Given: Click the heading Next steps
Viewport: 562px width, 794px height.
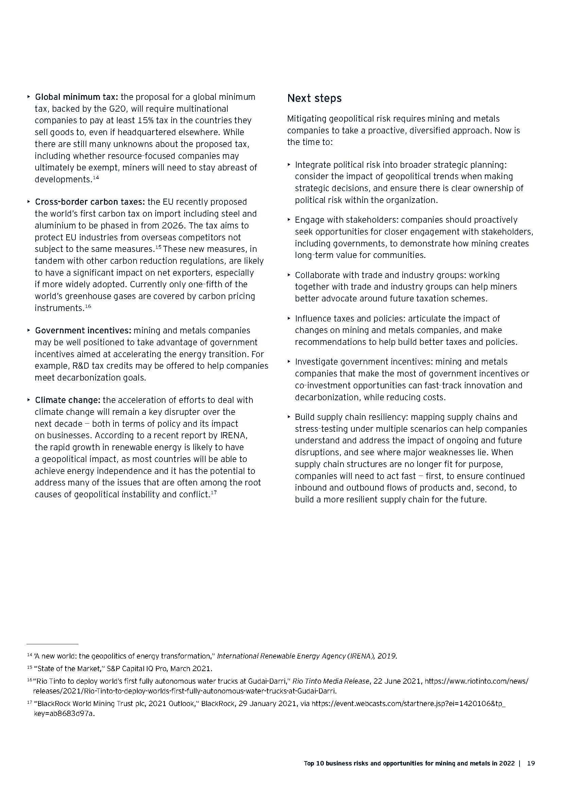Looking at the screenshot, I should (314, 98).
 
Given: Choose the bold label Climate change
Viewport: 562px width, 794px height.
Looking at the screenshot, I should (68, 400).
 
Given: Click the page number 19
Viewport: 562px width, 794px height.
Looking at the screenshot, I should (531, 763).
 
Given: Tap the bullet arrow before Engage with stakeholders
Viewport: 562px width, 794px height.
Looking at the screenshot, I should (289, 220).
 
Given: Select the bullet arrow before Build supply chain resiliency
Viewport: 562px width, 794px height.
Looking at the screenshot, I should (289, 417).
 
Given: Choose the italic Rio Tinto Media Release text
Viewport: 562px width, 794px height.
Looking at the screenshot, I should (331, 681).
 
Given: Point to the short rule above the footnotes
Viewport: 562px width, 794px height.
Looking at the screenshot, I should (53, 644).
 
